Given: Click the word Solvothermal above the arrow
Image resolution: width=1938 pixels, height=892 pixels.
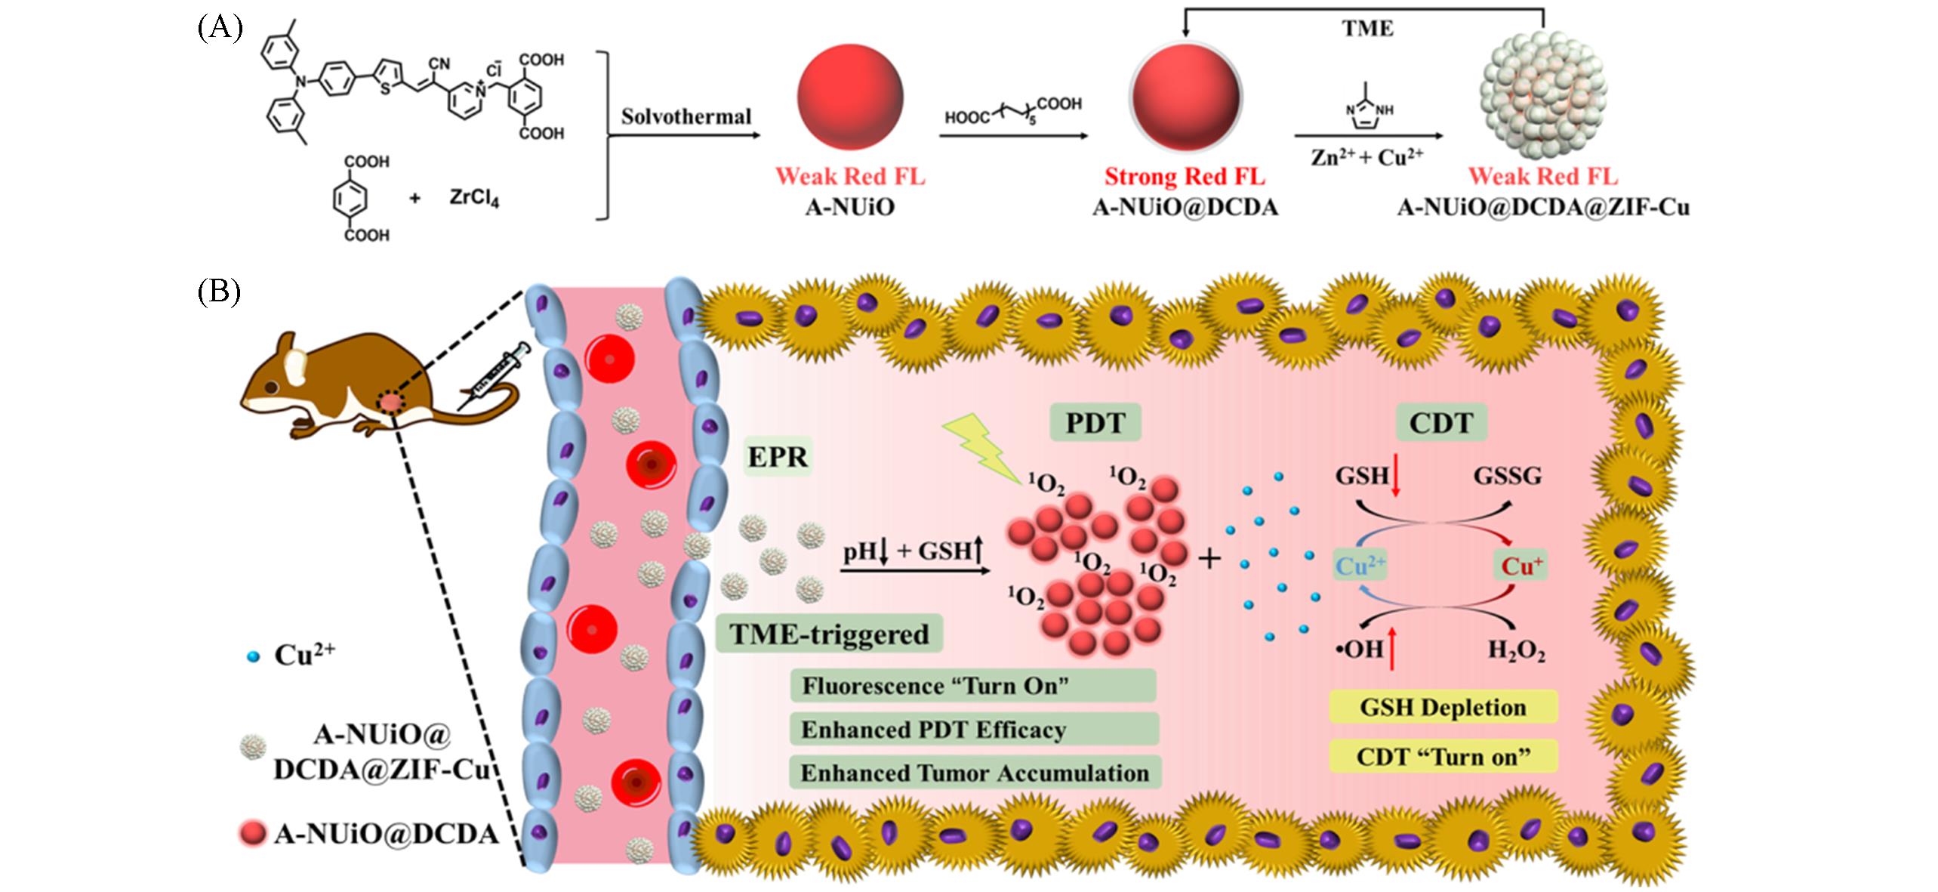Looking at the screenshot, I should click(x=686, y=116).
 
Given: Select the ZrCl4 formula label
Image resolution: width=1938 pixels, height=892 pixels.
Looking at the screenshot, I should click(x=474, y=198).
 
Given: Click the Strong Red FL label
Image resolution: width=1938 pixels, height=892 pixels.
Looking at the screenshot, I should click(x=1185, y=177).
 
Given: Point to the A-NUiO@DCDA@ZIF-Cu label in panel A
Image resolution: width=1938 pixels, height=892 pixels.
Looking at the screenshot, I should click(x=1543, y=207).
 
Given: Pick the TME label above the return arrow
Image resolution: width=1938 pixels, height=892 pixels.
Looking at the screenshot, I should click(x=1366, y=29).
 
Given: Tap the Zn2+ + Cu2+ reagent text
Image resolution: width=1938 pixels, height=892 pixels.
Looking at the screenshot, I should click(x=1366, y=157).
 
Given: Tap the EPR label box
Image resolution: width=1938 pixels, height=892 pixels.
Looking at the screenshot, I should click(x=778, y=457).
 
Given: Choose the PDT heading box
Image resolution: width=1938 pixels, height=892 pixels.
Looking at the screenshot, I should click(x=1095, y=423).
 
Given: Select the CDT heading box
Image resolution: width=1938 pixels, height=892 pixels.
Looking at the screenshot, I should click(x=1441, y=423).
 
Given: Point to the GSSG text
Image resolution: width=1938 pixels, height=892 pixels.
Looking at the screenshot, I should click(x=1507, y=476).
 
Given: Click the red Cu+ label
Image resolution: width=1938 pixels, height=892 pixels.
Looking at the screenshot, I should click(x=1521, y=566).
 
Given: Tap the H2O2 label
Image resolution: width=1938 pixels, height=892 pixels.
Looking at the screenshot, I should click(x=1516, y=650).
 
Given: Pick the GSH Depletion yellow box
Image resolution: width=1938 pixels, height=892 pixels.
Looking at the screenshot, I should click(x=1443, y=708).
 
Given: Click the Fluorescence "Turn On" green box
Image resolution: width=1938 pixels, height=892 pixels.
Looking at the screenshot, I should click(x=972, y=686).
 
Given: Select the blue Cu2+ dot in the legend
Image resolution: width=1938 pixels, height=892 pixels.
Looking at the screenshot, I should click(x=254, y=657).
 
